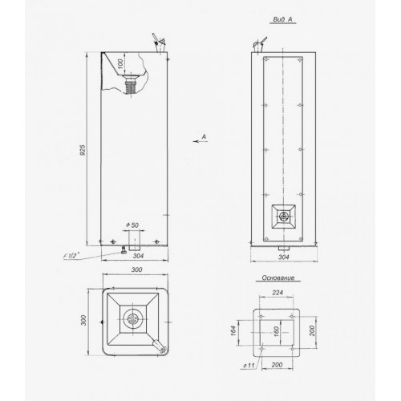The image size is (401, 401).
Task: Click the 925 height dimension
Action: pyautogui.click(x=83, y=150)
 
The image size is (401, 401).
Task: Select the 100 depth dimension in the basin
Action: pyautogui.click(x=120, y=63)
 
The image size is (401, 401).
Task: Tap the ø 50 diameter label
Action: pyautogui.click(x=132, y=225)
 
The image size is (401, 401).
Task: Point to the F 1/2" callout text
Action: pyautogui.click(x=70, y=256)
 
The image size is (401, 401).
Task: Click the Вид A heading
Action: pyautogui.click(x=282, y=19)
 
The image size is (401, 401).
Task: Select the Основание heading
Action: pyautogui.click(x=278, y=277)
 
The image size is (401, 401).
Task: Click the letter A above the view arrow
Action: pyautogui.click(x=204, y=136)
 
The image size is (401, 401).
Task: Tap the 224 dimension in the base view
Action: pyautogui.click(x=277, y=293)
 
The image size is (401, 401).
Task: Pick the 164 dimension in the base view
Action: pyautogui.click(x=233, y=330)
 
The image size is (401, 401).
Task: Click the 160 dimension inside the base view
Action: pyautogui.click(x=277, y=331)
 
